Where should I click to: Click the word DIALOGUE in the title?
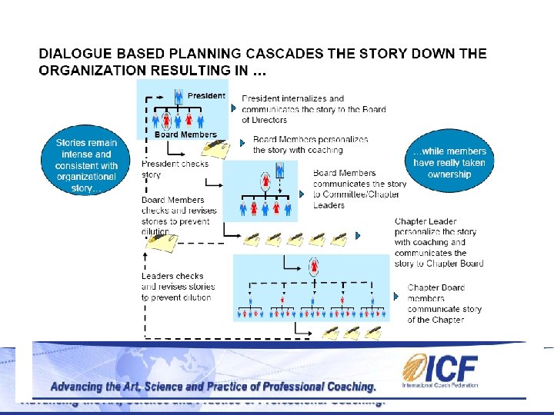click(x=75, y=54)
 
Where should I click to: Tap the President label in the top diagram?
click(x=206, y=96)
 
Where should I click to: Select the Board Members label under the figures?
click(x=185, y=135)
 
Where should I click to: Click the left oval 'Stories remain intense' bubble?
click(x=87, y=164)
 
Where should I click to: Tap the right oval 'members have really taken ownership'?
click(x=449, y=163)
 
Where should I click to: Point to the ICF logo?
click(x=440, y=371)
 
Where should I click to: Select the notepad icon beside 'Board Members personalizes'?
click(x=218, y=147)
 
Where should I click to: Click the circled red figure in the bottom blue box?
click(x=314, y=267)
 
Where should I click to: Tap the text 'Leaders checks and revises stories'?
click(x=178, y=287)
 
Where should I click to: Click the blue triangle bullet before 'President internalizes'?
click(x=234, y=108)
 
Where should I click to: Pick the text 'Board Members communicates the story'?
click(x=359, y=189)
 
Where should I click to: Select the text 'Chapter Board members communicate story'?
click(x=444, y=304)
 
